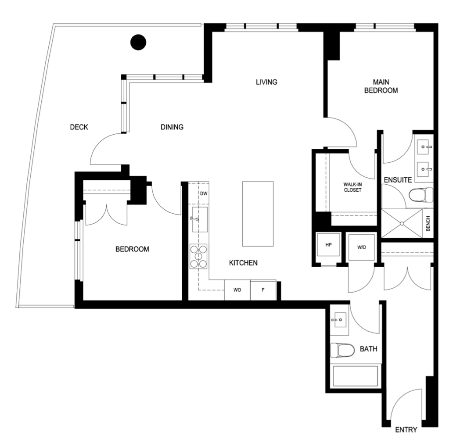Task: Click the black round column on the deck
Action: (138, 42)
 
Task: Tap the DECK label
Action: (79, 127)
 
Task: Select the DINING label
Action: (172, 127)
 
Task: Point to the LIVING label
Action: (266, 82)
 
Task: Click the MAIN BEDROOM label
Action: (381, 86)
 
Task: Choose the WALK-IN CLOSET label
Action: (352, 187)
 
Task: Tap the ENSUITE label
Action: (398, 180)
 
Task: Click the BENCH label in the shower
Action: (428, 223)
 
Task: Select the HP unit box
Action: (328, 245)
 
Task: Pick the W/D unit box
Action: (361, 247)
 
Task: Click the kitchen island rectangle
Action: (258, 214)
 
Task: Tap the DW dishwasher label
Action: (204, 193)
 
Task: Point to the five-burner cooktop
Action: (198, 256)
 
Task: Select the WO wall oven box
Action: (237, 290)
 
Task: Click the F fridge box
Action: (263, 290)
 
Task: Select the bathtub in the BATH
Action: (356, 376)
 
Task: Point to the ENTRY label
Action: (406, 430)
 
